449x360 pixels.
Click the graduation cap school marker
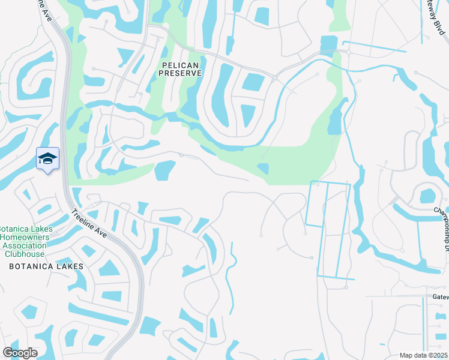tap(48, 158)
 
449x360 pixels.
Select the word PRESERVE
tap(180, 73)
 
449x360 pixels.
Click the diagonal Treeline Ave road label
tap(89, 223)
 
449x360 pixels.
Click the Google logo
tap(20, 353)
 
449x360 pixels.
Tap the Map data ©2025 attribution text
tap(423, 355)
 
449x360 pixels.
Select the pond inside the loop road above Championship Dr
tap(427, 196)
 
